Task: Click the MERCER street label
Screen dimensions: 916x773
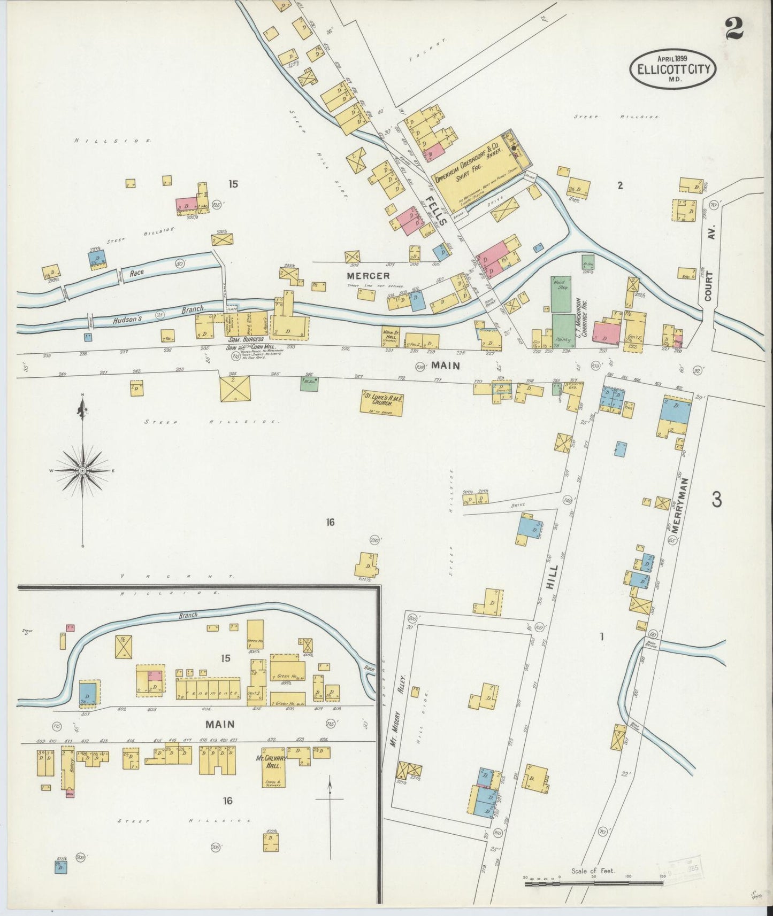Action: click(x=368, y=276)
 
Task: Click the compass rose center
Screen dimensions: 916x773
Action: click(x=82, y=470)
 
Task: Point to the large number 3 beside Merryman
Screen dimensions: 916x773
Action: click(x=717, y=499)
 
